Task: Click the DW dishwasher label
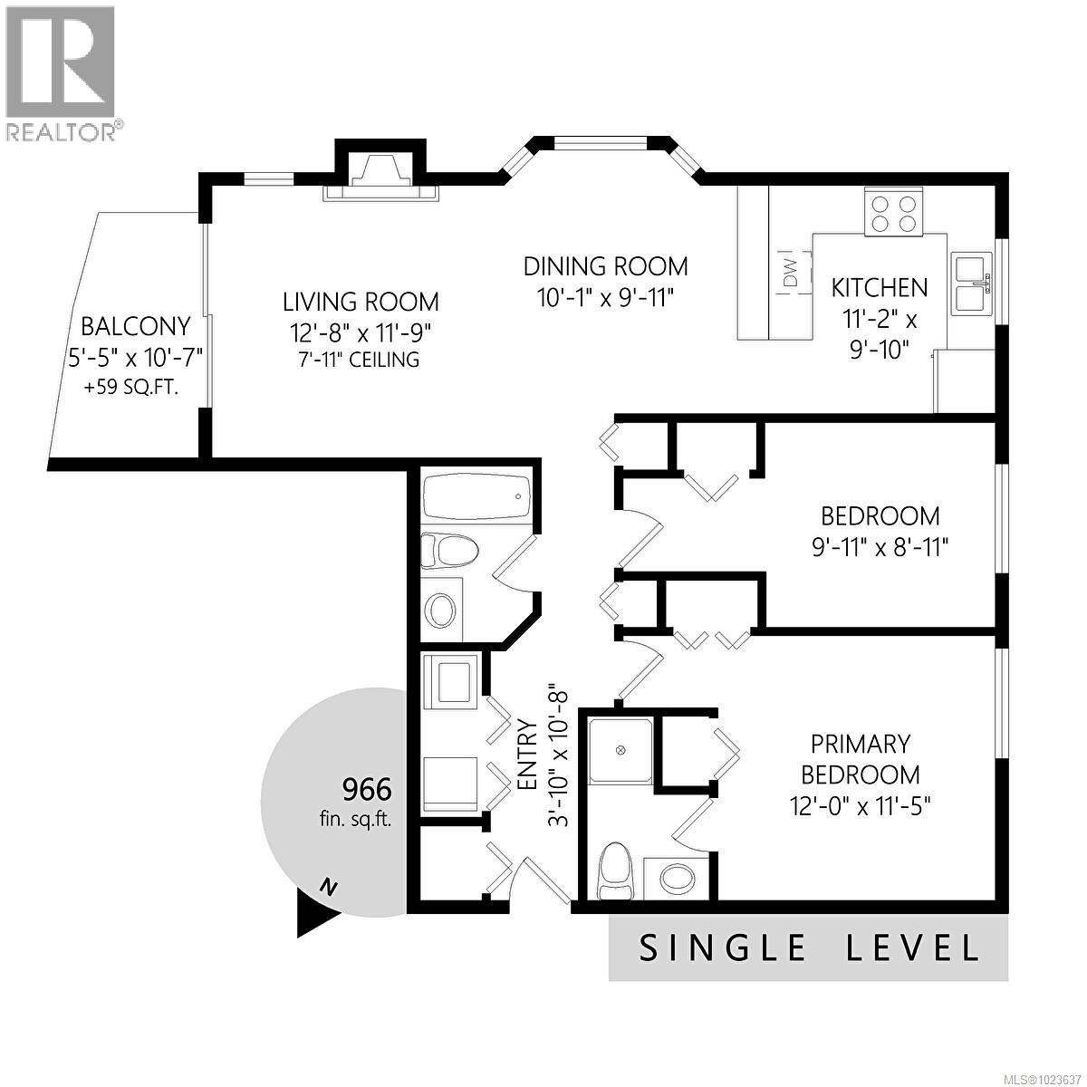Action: click(789, 271)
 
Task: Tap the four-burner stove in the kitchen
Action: click(893, 212)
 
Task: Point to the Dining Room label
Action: click(606, 266)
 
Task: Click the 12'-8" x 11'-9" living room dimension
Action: click(361, 331)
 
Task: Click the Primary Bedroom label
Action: click(861, 759)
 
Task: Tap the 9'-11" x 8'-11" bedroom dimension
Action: click(880, 547)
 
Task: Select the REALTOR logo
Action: click(62, 72)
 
